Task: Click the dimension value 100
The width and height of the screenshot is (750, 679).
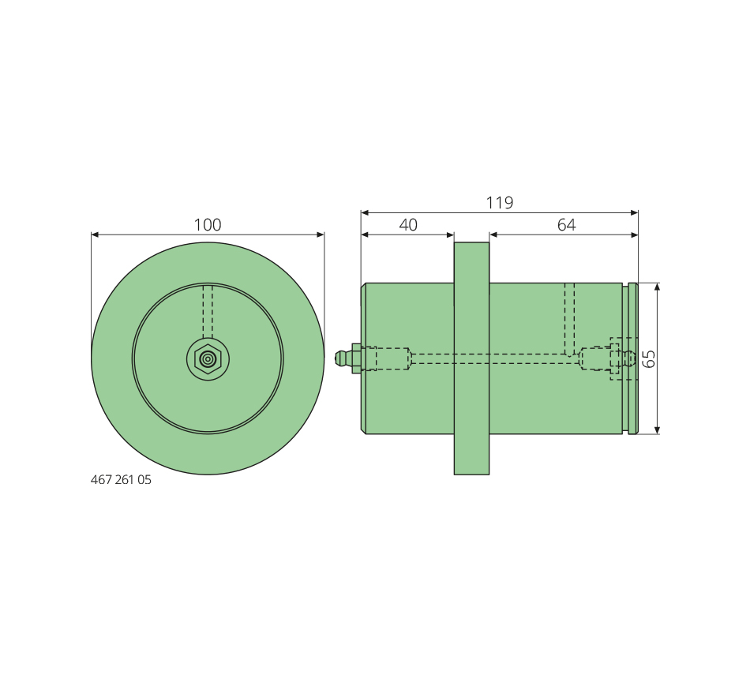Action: (x=207, y=224)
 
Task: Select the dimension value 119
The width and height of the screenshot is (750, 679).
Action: (x=500, y=202)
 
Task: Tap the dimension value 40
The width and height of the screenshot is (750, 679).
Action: (x=408, y=224)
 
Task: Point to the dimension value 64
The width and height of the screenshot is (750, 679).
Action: (x=566, y=224)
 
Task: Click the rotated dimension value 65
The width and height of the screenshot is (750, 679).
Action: (x=649, y=358)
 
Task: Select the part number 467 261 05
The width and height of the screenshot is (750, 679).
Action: (x=121, y=480)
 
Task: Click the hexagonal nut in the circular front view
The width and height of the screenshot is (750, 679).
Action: (x=208, y=359)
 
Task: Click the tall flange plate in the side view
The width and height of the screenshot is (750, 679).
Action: (x=471, y=358)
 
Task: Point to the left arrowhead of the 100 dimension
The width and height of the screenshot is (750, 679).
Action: (x=95, y=234)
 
